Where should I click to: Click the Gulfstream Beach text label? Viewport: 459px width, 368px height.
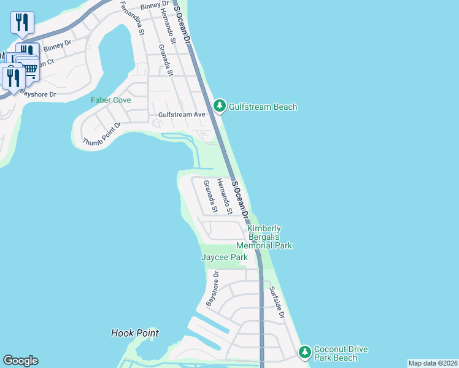(x=263, y=107)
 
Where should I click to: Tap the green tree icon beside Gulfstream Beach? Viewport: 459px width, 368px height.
(x=220, y=106)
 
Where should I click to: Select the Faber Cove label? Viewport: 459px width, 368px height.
(x=110, y=100)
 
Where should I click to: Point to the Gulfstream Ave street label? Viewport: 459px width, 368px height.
(x=182, y=115)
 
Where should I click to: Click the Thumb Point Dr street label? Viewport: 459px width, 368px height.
(x=102, y=134)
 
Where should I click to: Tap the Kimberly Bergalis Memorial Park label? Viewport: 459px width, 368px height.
(x=269, y=237)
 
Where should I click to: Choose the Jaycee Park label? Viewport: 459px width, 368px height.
(x=225, y=257)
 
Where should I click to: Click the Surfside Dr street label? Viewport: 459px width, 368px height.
(x=277, y=303)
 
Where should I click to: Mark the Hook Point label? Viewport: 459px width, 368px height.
(x=134, y=333)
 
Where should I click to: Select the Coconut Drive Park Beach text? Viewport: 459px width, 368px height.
(x=341, y=354)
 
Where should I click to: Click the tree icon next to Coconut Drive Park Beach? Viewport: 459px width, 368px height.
(x=304, y=352)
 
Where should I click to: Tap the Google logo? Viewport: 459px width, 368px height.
(x=20, y=361)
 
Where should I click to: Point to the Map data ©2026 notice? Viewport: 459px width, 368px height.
(x=433, y=363)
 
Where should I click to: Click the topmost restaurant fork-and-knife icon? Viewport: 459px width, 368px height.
(x=22, y=23)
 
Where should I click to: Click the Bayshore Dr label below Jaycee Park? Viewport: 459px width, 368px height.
(x=212, y=290)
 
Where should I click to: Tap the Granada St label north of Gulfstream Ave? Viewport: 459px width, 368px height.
(x=166, y=59)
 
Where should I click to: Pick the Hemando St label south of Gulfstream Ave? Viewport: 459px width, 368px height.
(x=225, y=197)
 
